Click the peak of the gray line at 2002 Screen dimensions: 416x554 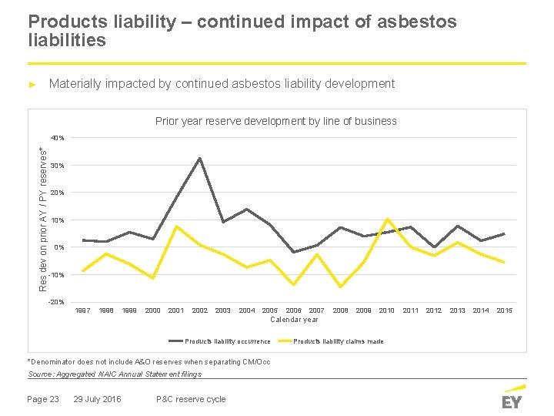coord(200,159)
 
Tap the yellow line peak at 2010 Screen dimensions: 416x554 coord(387,220)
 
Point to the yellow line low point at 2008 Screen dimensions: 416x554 coord(340,287)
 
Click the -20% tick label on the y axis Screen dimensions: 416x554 coord(57,301)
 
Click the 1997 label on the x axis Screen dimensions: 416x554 coord(82,310)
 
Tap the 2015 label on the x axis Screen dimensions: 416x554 coord(504,310)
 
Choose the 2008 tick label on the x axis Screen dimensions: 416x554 coord(340,310)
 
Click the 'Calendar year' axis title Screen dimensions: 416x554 coord(294,320)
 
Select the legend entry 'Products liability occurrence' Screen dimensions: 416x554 coord(228,341)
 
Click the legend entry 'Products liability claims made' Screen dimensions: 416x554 coord(339,341)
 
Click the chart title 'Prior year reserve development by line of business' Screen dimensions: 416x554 coord(275,121)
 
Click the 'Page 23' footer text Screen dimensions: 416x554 coord(42,399)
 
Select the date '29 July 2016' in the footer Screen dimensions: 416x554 coord(97,399)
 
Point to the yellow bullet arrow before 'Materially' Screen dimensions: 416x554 coord(32,84)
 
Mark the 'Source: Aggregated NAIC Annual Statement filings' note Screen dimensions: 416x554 coord(115,374)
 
